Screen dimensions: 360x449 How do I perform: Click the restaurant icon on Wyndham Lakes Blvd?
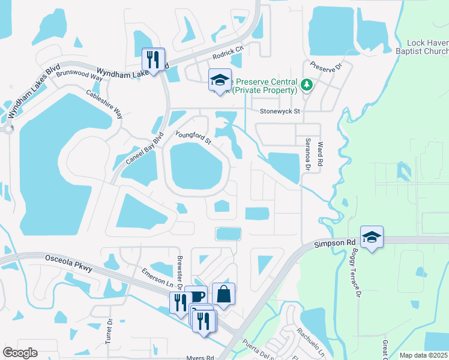[x=153, y=59]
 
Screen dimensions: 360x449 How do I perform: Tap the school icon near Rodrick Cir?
[x=220, y=80]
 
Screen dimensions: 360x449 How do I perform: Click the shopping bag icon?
[x=223, y=294]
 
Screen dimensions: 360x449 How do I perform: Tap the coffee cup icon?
[x=197, y=296]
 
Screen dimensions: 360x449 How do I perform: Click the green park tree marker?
[x=307, y=85]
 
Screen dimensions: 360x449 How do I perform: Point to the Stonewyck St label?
[x=279, y=111]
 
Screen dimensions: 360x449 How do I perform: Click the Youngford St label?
[x=193, y=137]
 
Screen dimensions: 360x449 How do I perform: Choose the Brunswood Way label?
[x=79, y=74]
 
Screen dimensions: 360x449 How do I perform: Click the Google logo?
[x=20, y=353]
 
